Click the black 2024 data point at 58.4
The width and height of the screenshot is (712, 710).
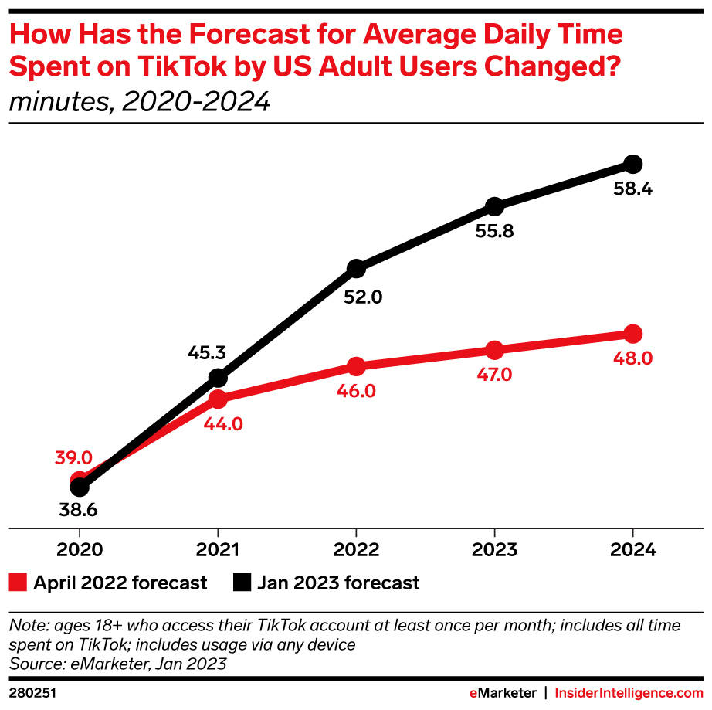pos(632,164)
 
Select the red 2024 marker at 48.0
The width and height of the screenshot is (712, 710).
pos(632,334)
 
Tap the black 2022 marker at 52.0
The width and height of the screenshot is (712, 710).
pos(356,268)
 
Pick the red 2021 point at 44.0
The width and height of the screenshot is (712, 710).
pos(218,399)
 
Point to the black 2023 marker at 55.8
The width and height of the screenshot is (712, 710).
pos(494,206)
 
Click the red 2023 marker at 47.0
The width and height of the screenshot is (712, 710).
pos(494,350)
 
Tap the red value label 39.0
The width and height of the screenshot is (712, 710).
pos(73,457)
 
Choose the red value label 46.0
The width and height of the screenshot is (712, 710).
pos(356,391)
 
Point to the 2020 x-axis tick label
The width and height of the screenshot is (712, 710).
pos(79,551)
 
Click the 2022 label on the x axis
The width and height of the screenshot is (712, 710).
pos(356,551)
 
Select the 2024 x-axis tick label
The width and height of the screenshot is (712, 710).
pos(632,551)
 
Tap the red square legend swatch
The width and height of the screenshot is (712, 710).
pos(18,583)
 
